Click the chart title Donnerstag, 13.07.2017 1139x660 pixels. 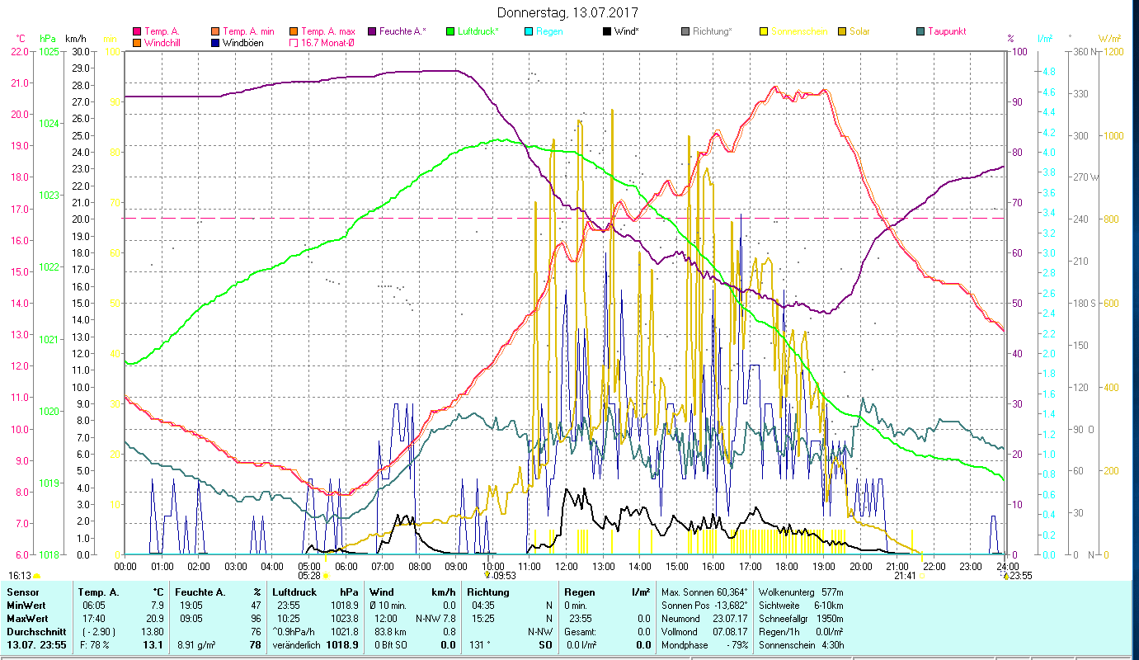coord(568,13)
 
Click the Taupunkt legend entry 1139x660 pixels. coord(946,31)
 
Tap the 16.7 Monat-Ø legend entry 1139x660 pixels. coord(327,42)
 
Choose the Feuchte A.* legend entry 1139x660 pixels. coord(402,31)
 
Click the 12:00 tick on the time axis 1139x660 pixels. coord(567,566)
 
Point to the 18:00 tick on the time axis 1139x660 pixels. coord(787,566)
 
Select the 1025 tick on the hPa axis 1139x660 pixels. coord(49,51)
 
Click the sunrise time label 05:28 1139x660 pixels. coord(309,576)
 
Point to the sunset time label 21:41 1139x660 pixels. coord(905,576)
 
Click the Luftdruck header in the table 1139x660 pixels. coord(294,592)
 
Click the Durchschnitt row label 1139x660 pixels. coord(31,631)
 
